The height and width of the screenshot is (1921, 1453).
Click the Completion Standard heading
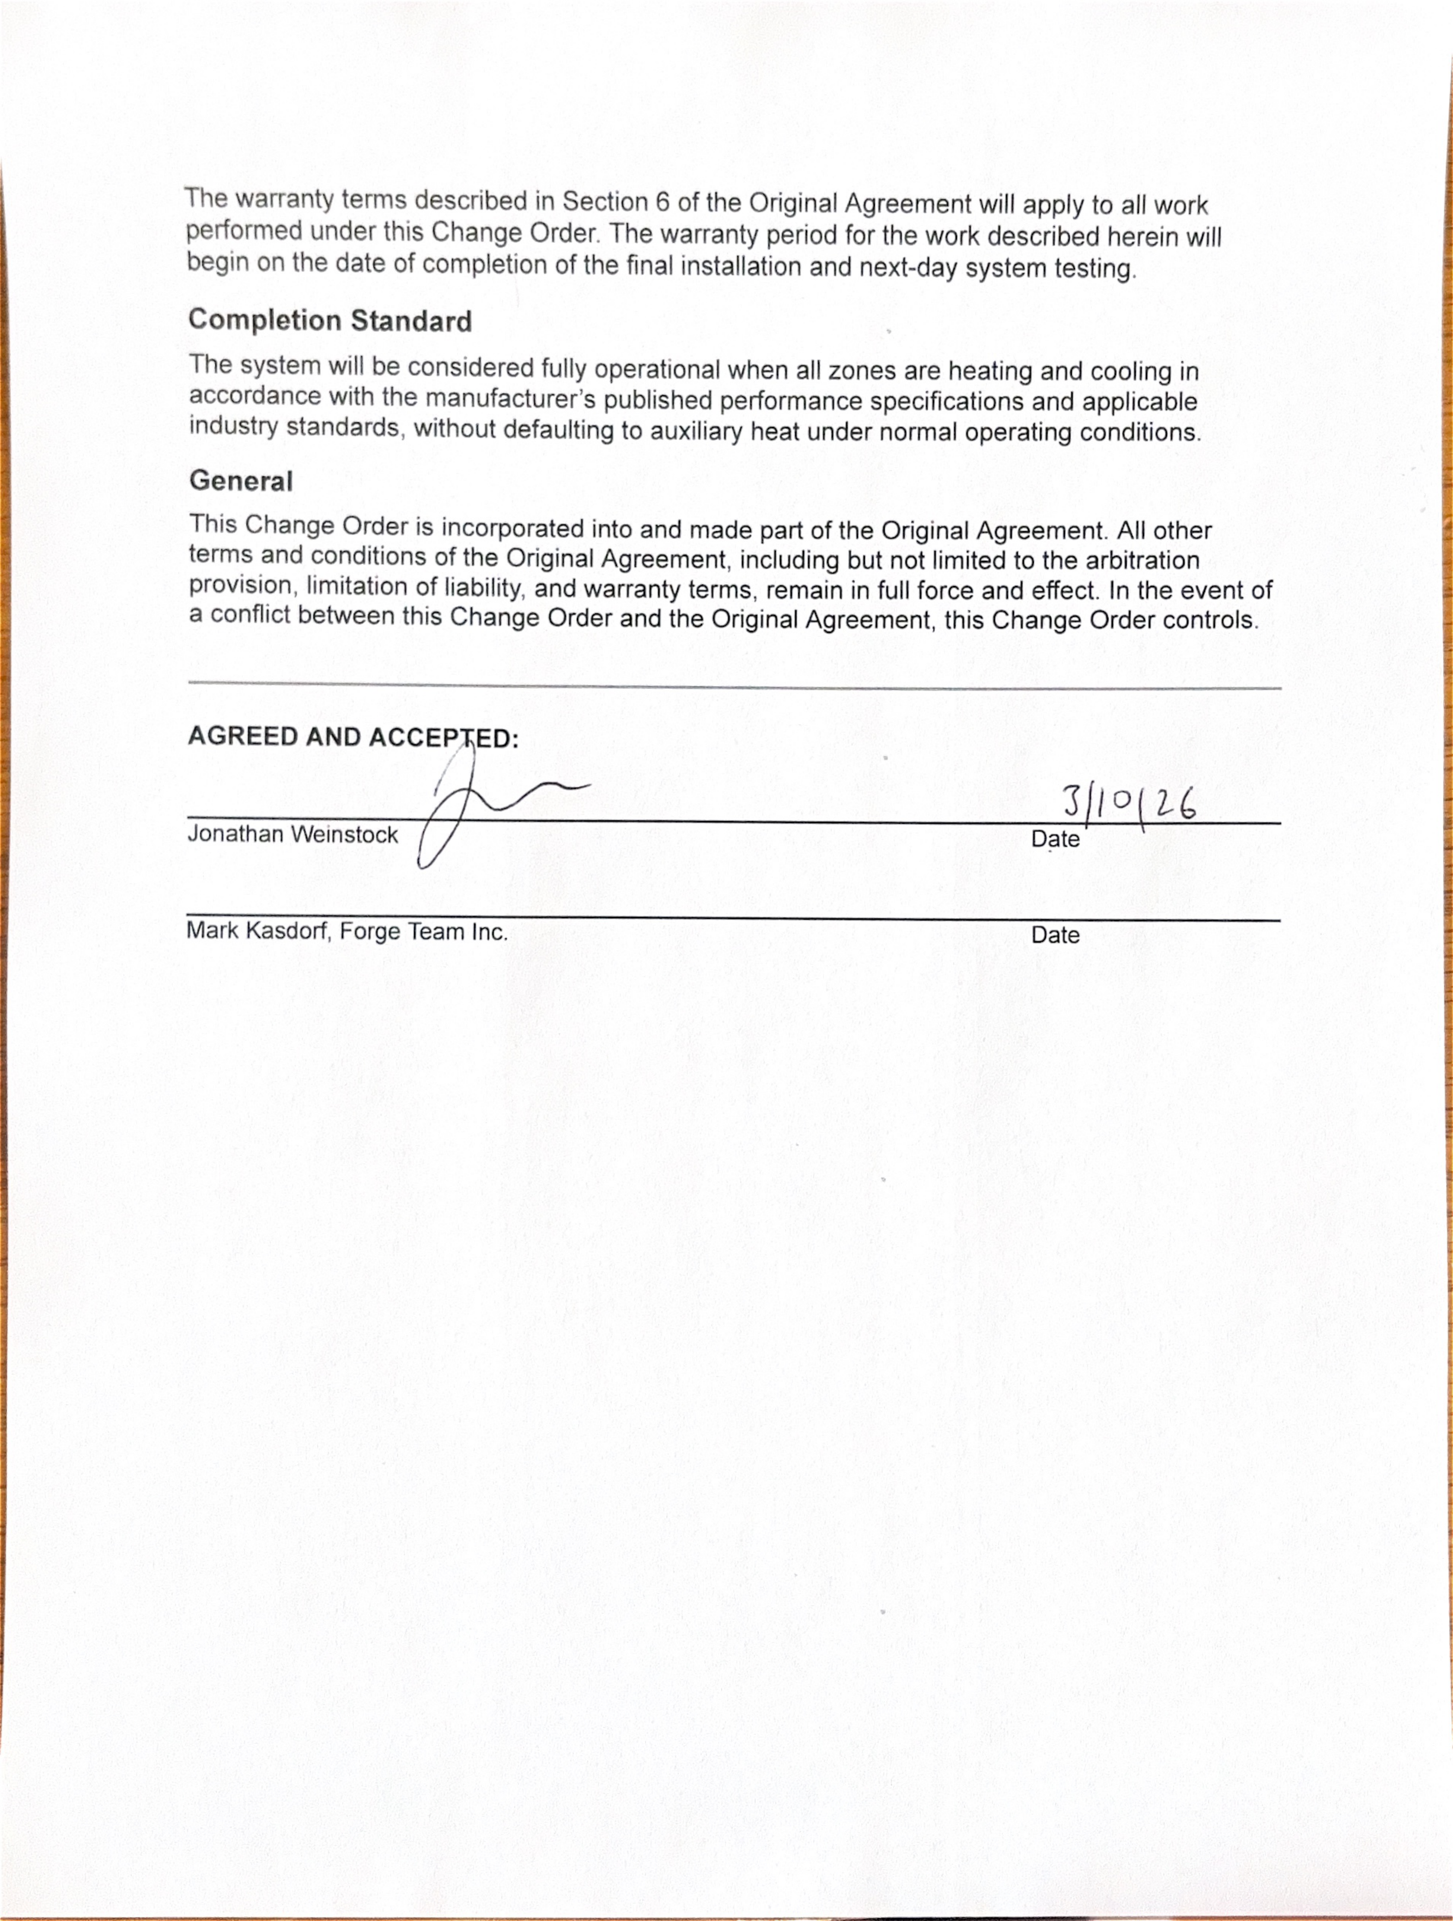pos(330,320)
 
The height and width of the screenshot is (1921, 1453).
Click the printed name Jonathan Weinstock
pos(293,835)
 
